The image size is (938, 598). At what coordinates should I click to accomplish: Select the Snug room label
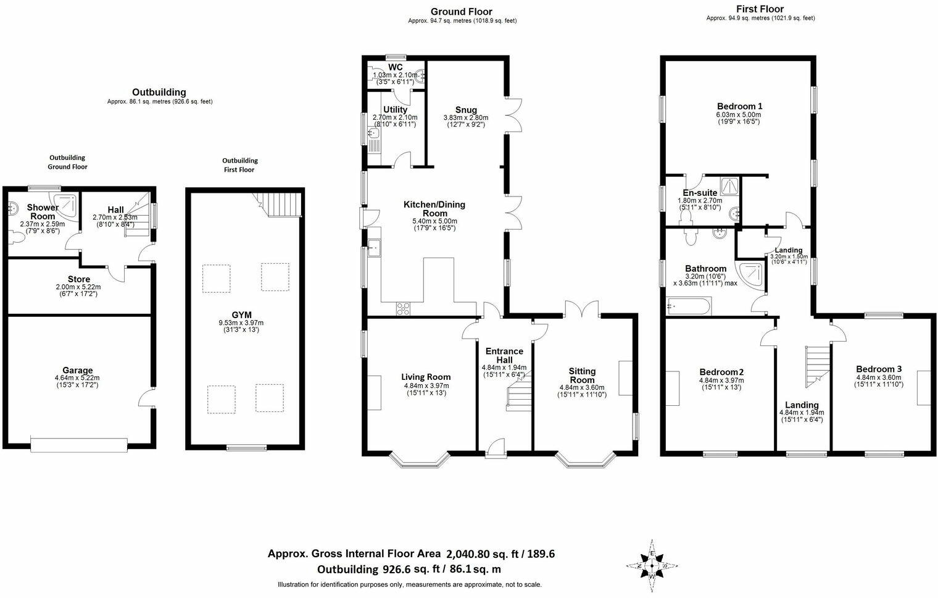pyautogui.click(x=466, y=109)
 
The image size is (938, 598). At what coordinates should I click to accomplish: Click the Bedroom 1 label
pyautogui.click(x=739, y=106)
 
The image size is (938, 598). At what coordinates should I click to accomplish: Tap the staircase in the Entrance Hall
pyautogui.click(x=518, y=395)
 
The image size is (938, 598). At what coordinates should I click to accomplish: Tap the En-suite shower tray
pyautogui.click(x=729, y=186)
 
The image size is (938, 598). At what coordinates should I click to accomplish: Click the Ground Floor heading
pyautogui.click(x=461, y=12)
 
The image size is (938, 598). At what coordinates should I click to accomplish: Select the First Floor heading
pyautogui.click(x=760, y=9)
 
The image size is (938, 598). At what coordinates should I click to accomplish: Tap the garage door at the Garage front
pyautogui.click(x=79, y=444)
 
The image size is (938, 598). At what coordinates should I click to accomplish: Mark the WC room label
pyautogui.click(x=396, y=67)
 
